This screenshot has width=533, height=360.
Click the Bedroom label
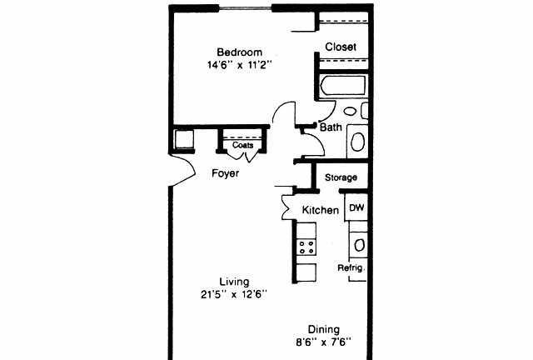click(x=239, y=52)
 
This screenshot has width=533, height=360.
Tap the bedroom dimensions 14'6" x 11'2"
click(x=240, y=65)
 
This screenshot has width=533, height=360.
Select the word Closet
click(x=341, y=47)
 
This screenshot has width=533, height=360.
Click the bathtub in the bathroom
click(x=343, y=85)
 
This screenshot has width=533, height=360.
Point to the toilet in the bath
click(x=357, y=141)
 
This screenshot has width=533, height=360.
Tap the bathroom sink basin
click(x=350, y=111)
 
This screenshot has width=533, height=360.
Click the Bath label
click(x=331, y=127)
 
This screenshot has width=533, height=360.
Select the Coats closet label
click(x=242, y=145)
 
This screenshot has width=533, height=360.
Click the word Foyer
click(x=226, y=173)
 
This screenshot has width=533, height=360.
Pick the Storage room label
click(x=341, y=177)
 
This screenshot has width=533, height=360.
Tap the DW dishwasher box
click(x=356, y=207)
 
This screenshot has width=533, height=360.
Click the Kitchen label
click(x=320, y=210)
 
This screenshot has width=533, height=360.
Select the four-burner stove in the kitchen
click(x=306, y=247)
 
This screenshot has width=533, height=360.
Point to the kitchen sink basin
click(x=359, y=245)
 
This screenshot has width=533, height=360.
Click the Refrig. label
click(x=351, y=267)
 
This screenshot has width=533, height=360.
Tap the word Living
click(x=234, y=282)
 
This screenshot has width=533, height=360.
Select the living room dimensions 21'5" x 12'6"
click(x=234, y=294)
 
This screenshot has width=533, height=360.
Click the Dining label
click(x=324, y=329)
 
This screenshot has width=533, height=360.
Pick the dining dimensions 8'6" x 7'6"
click(x=324, y=342)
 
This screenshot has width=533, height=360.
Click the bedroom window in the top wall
click(x=246, y=7)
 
